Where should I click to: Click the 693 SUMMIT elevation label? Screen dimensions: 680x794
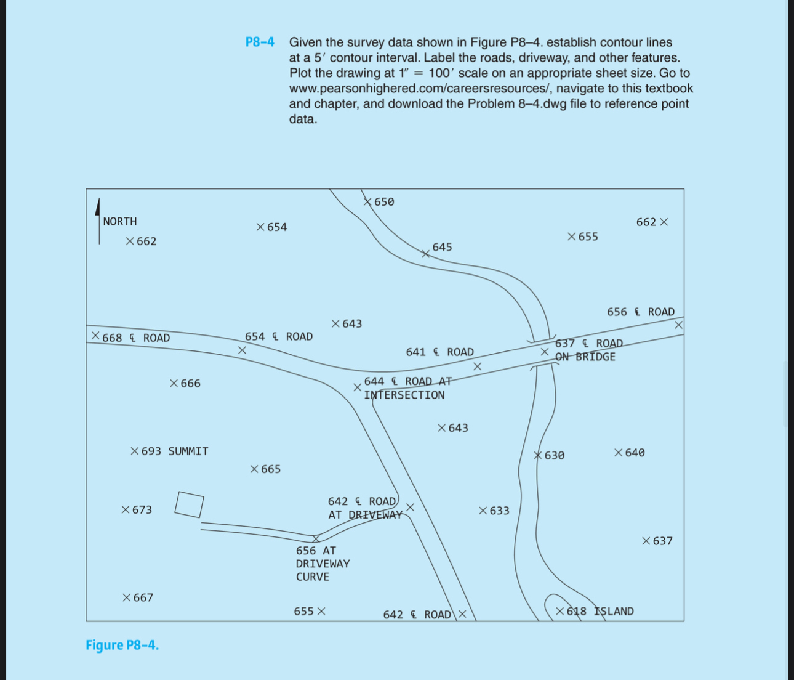pos(170,451)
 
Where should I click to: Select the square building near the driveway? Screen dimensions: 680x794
pos(189,504)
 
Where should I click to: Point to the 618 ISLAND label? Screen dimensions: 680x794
pos(595,611)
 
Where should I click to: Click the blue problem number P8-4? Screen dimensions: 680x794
pos(260,42)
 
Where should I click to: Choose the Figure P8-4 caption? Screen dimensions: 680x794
pos(122,645)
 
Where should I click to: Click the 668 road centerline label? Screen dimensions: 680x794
pos(130,338)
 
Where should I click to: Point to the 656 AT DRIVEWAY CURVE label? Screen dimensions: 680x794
pos(322,564)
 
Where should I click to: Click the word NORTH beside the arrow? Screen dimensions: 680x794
pos(120,221)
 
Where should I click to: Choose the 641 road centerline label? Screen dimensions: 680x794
pos(439,352)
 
